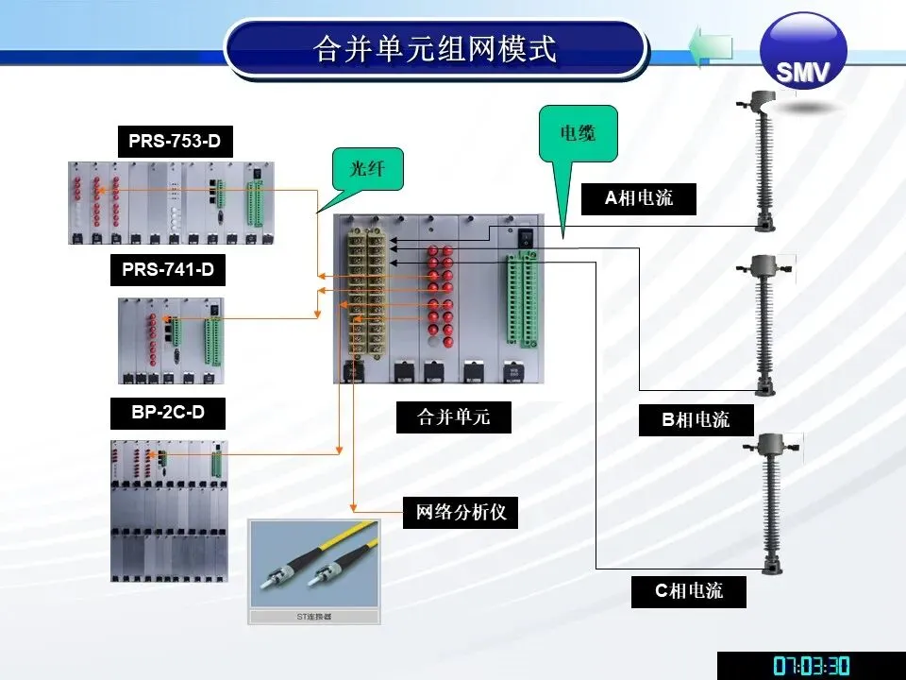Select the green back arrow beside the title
click(711, 46)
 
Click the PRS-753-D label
click(176, 142)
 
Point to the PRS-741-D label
click(168, 271)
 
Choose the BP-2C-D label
click(168, 412)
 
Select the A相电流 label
click(639, 198)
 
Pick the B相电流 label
click(696, 419)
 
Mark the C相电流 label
click(690, 591)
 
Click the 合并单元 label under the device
click(453, 417)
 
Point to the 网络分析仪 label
click(461, 513)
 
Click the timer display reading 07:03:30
click(811, 666)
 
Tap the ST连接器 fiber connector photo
click(313, 569)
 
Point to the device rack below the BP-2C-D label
click(171, 510)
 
